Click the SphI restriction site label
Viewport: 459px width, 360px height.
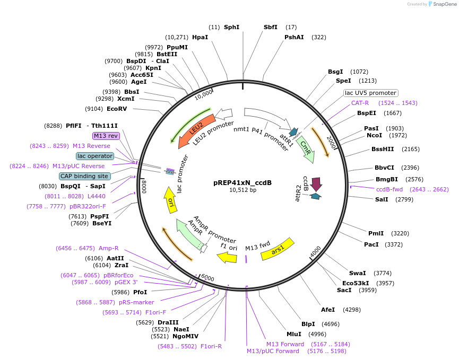[231, 27]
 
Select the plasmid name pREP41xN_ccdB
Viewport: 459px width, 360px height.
[243, 183]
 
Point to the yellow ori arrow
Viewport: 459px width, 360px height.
[170, 200]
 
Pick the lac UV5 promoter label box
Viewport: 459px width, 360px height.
[370, 93]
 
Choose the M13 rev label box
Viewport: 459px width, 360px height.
[107, 136]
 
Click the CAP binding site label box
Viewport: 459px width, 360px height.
[84, 176]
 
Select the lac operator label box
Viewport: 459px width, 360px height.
[95, 156]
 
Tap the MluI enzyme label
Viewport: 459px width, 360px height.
[294, 334]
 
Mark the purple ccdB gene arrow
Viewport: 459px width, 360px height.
[316, 183]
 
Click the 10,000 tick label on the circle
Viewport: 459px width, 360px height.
[203, 94]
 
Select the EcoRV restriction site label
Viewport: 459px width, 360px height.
[117, 109]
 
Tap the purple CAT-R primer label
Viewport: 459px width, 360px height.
[360, 103]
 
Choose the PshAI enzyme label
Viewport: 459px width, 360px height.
[294, 37]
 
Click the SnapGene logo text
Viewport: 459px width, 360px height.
[445, 4]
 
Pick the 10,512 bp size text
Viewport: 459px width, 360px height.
[243, 190]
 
